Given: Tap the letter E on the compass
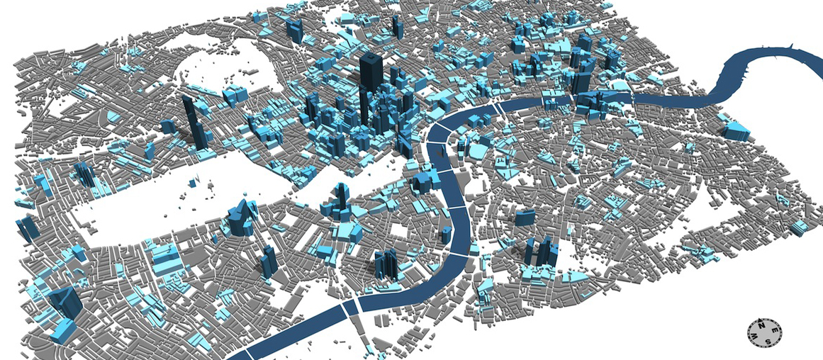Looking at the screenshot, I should click(x=774, y=330).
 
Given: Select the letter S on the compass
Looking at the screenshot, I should click(x=769, y=342).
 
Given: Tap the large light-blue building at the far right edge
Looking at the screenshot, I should click(x=736, y=130).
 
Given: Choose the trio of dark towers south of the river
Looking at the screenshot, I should click(x=542, y=251).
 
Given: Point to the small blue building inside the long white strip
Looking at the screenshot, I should click(x=193, y=183).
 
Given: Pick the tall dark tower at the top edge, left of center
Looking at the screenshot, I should click(x=294, y=32).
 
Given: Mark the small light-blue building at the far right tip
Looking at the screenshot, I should click(x=800, y=227).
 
